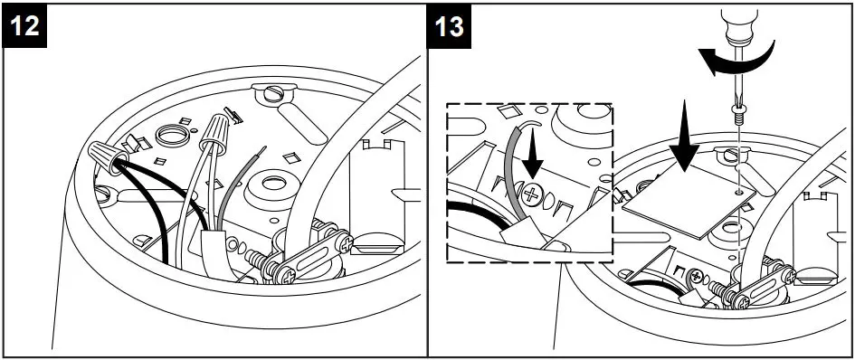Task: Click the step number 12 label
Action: pos(26,26)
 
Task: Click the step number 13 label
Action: pos(450,26)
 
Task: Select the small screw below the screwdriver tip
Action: pos(737,116)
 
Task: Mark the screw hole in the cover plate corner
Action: pos(740,192)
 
